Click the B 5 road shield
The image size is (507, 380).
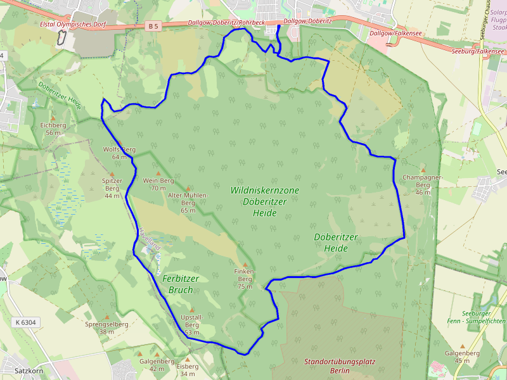tap(152, 26)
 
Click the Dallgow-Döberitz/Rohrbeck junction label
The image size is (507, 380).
tap(226, 23)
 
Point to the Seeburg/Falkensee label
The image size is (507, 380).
tap(478, 51)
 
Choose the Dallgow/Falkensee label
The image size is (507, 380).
tap(392, 32)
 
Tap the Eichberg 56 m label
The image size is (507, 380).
tap(53, 129)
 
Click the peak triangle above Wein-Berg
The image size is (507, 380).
tap(158, 172)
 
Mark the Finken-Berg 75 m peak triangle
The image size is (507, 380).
tap(245, 264)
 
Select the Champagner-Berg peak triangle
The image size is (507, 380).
tap(423, 170)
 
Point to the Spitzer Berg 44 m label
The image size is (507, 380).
tap(112, 188)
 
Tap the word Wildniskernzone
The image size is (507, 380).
tap(264, 190)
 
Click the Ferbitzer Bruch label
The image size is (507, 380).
tap(181, 284)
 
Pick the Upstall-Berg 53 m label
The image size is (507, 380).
tap(191, 324)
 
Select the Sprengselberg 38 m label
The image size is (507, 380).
tap(106, 327)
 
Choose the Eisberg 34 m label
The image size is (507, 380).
tap(188, 369)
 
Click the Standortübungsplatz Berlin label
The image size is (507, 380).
tap(340, 366)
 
